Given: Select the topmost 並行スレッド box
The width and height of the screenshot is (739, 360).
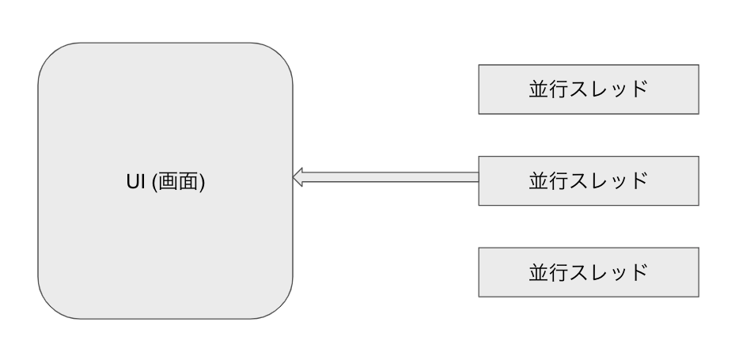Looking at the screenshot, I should click(589, 89).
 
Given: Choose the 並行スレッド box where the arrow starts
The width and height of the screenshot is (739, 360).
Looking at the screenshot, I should click(589, 180).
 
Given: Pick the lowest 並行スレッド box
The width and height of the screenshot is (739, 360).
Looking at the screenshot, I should click(589, 271).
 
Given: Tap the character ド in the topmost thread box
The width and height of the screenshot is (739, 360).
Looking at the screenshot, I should click(639, 89).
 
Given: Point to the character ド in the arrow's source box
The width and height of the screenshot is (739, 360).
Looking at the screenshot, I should click(639, 180).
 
